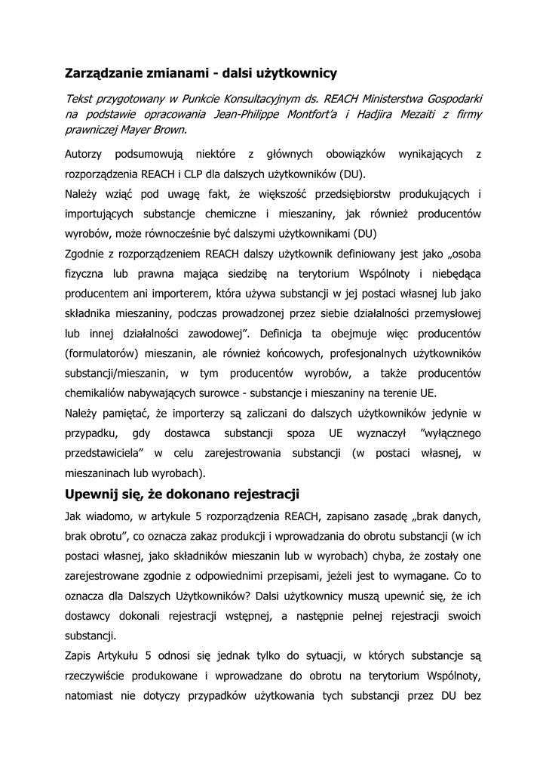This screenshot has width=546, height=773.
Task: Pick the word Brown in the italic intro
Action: point(169,128)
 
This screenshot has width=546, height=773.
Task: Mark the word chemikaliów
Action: point(97,393)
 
